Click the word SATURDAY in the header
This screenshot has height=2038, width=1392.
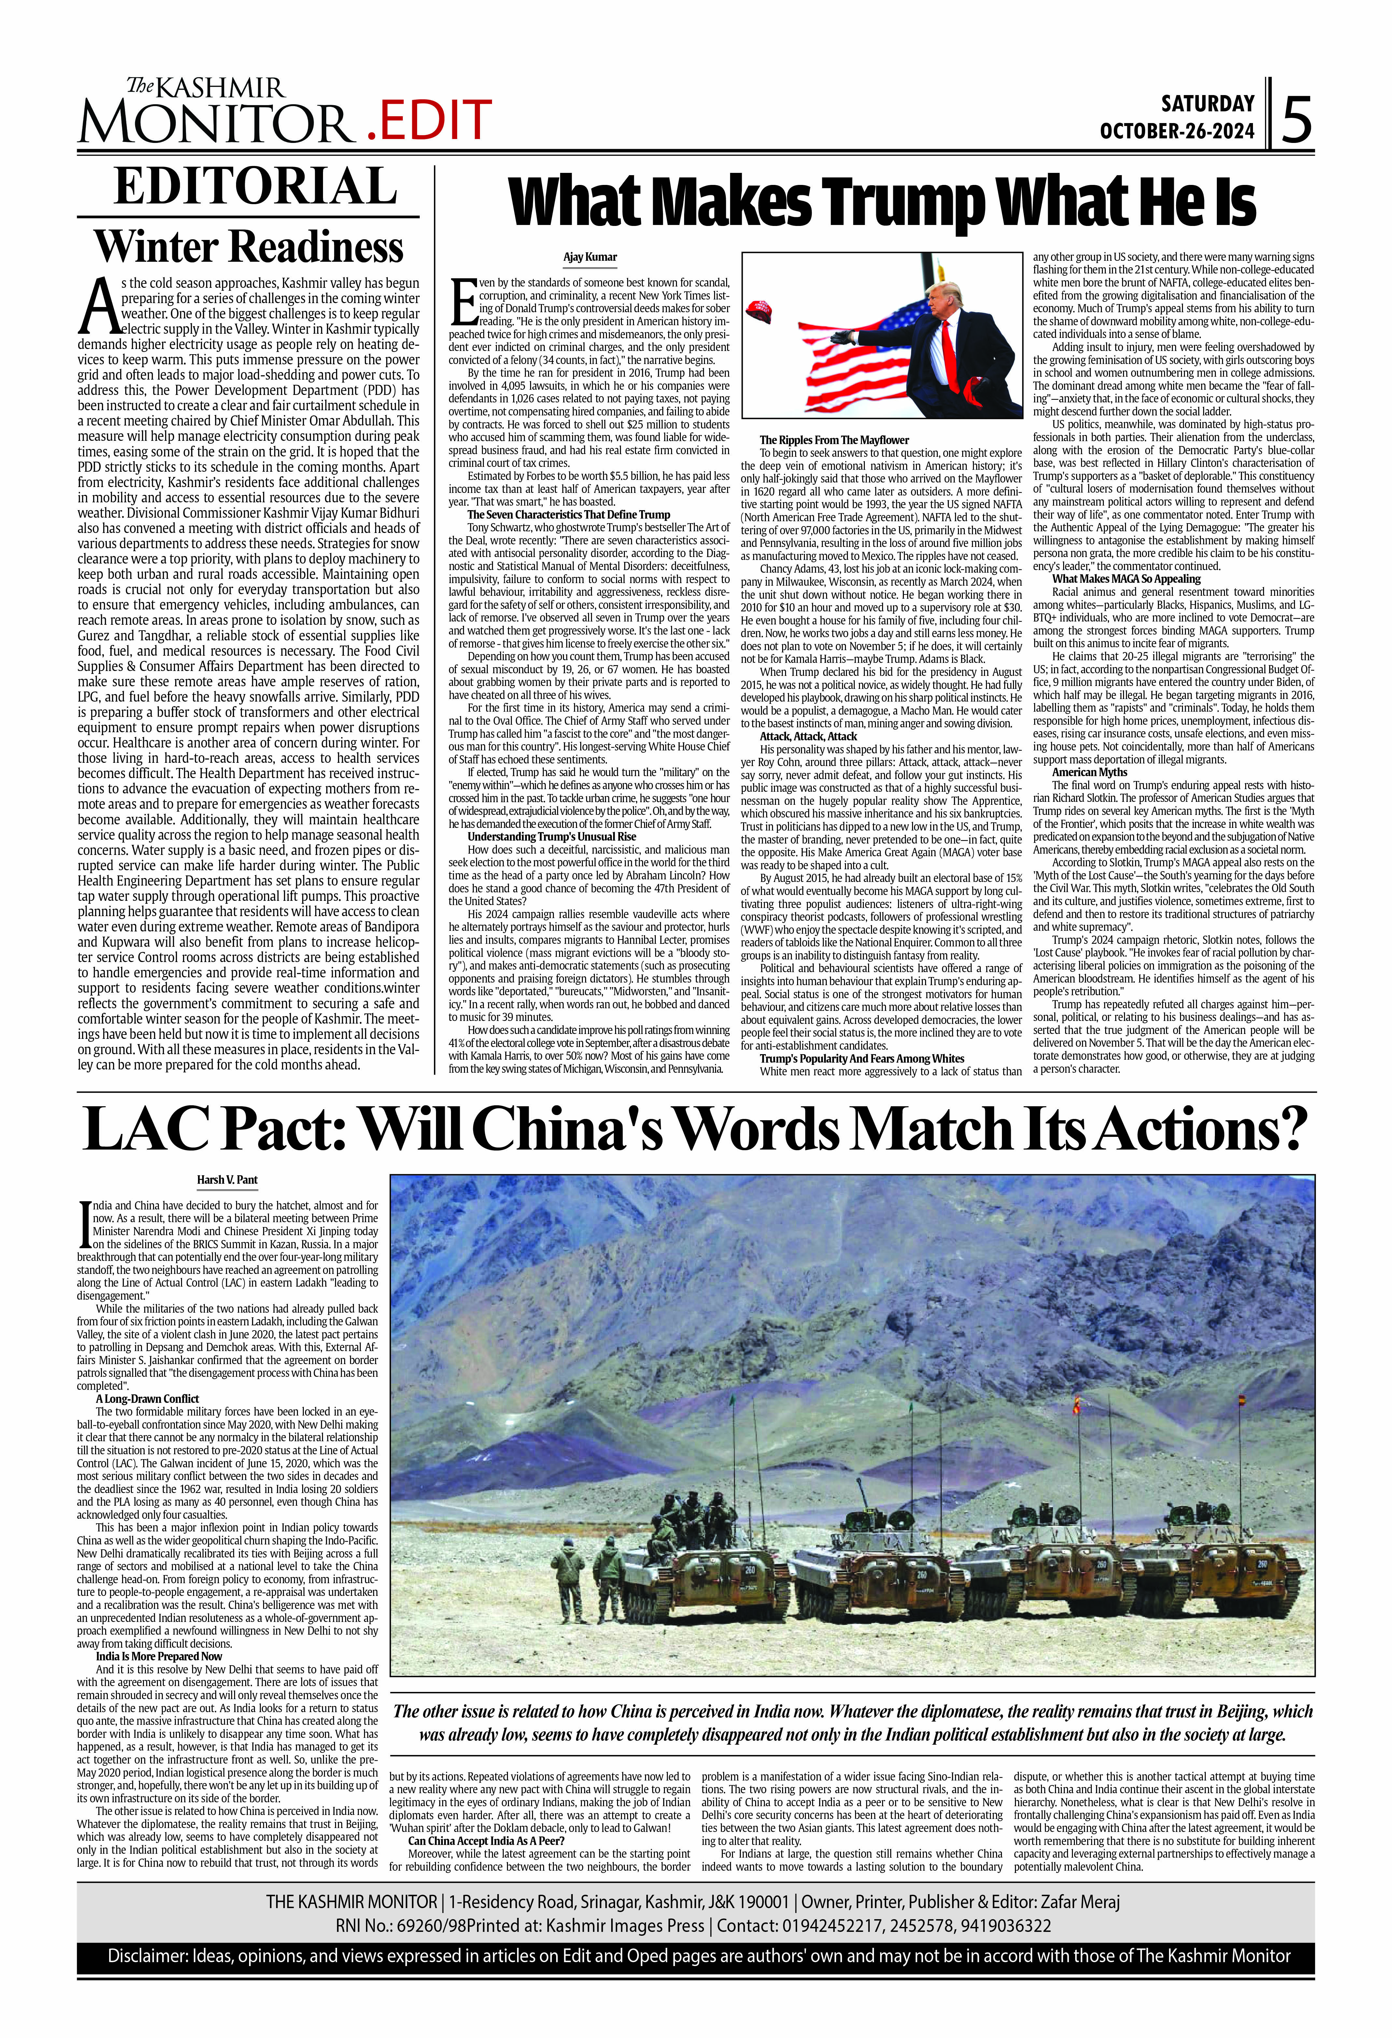1208,104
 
